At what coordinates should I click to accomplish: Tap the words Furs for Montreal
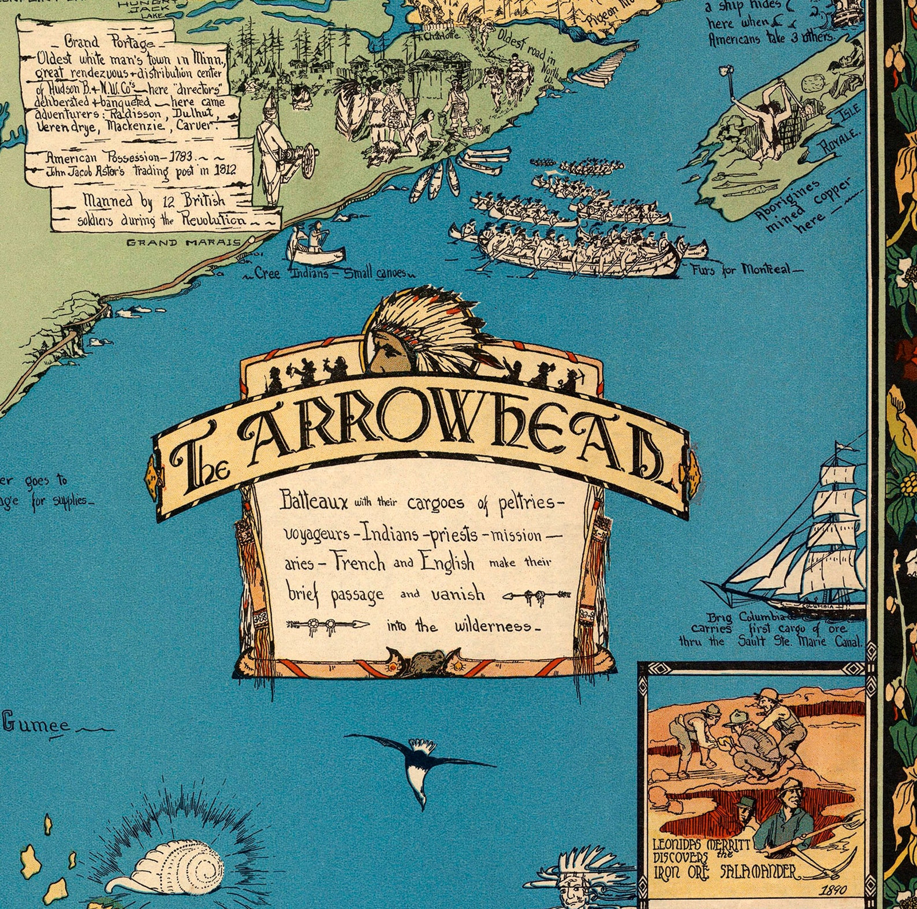click(x=745, y=270)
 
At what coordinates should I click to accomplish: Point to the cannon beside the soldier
click(x=301, y=159)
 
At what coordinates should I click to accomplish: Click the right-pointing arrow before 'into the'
click(x=329, y=624)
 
